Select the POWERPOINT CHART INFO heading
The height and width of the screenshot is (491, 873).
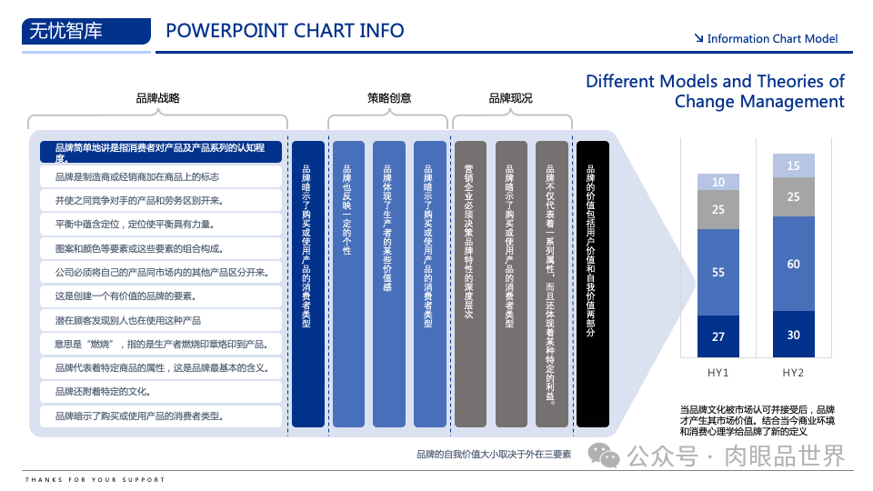(x=285, y=31)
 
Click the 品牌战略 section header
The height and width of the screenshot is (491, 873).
(x=157, y=98)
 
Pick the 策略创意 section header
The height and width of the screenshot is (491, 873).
(x=389, y=98)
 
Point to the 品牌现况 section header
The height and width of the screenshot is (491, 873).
(x=510, y=98)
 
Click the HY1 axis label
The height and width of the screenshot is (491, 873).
(x=718, y=373)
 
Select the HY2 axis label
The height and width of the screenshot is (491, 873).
(x=794, y=373)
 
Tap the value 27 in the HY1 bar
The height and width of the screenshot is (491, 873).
(x=718, y=336)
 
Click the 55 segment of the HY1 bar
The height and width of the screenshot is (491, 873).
(x=718, y=272)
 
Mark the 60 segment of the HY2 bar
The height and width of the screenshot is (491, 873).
(x=794, y=264)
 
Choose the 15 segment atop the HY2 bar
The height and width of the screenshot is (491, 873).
(x=794, y=165)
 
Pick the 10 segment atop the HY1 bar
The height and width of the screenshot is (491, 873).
(x=718, y=182)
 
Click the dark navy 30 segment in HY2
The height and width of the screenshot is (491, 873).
(x=794, y=335)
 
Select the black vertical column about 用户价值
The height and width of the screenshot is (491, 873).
(x=593, y=284)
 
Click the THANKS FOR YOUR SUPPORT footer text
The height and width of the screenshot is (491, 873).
(x=95, y=479)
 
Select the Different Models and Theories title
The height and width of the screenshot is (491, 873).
(x=715, y=91)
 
